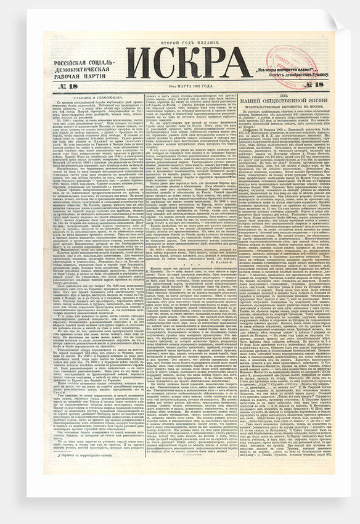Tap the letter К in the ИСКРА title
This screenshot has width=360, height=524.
pos(189,63)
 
